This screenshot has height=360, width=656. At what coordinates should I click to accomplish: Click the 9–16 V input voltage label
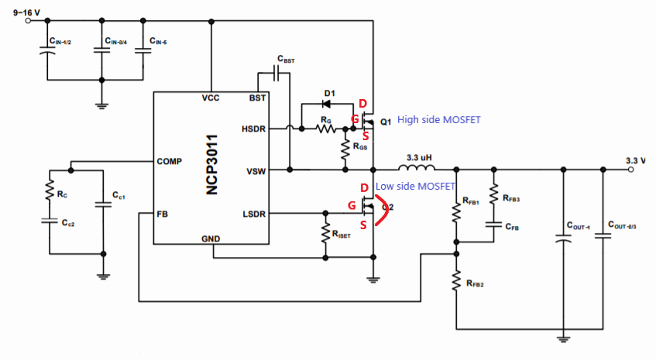tap(29, 10)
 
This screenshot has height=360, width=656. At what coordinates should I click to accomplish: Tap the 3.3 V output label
tap(636, 160)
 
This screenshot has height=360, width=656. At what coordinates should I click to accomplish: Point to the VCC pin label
tap(211, 99)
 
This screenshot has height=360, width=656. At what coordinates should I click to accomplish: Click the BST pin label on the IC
tap(257, 99)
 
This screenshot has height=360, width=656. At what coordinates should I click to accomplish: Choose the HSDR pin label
tap(252, 129)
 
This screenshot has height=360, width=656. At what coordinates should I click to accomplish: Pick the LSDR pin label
tap(252, 213)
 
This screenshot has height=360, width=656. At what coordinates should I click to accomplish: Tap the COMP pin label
tap(169, 162)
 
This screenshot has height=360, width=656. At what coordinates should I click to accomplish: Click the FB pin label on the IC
tap(162, 213)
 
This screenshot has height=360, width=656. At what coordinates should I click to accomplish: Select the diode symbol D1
tap(328, 101)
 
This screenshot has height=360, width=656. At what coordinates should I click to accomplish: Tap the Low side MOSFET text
tap(414, 187)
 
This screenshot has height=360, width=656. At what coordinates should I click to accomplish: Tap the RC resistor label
tap(61, 194)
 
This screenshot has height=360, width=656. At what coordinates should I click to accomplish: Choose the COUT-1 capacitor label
tap(578, 227)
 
